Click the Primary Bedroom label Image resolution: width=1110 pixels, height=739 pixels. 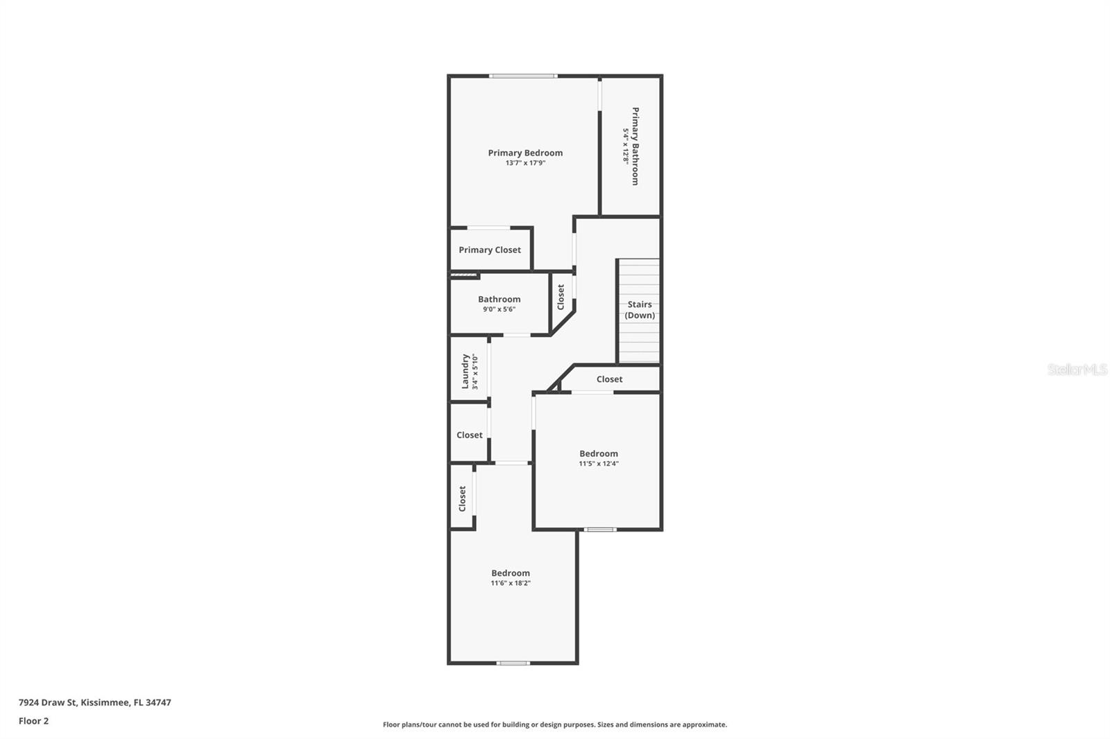pos(525,153)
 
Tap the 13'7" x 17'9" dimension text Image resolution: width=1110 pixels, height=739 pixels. pos(525,163)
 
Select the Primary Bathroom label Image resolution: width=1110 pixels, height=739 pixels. pos(635,146)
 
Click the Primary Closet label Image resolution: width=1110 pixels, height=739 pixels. pos(490,250)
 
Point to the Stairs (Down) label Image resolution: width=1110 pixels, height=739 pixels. pos(640,309)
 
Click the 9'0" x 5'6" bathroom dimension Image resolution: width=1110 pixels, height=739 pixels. pos(499,309)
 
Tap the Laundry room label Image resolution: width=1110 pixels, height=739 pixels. pos(466,371)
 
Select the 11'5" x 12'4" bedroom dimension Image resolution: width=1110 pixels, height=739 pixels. pos(599,464)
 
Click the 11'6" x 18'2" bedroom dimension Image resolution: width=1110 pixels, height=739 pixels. pos(511,583)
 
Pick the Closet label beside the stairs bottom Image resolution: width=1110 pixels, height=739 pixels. pos(609,379)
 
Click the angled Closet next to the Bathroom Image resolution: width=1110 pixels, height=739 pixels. pos(561,297)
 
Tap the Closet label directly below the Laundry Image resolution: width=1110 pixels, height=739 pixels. pos(469,435)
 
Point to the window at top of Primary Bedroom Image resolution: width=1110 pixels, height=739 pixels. pos(522,76)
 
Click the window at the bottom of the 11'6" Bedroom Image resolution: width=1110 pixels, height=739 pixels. pos(513,663)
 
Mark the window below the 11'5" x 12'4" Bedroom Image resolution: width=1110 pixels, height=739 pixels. pos(600,530)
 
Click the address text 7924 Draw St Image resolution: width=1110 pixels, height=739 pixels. pos(94,702)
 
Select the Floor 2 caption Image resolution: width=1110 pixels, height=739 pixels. pos(33,721)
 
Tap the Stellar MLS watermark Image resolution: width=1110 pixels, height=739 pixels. pos(1077,369)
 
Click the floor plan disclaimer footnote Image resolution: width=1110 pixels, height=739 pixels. pos(555,724)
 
